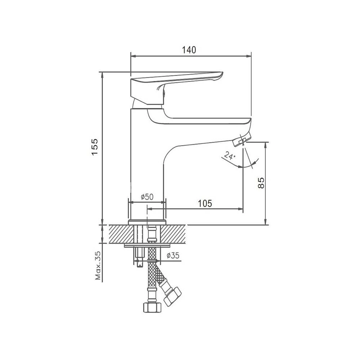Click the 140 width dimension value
click(x=189, y=50)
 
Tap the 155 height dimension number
click(x=95, y=147)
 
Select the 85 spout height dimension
click(x=261, y=183)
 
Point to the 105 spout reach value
click(x=205, y=203)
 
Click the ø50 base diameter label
click(x=147, y=196)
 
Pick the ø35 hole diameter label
click(x=173, y=255)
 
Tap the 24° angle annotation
click(x=229, y=156)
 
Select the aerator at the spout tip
click(x=241, y=139)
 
